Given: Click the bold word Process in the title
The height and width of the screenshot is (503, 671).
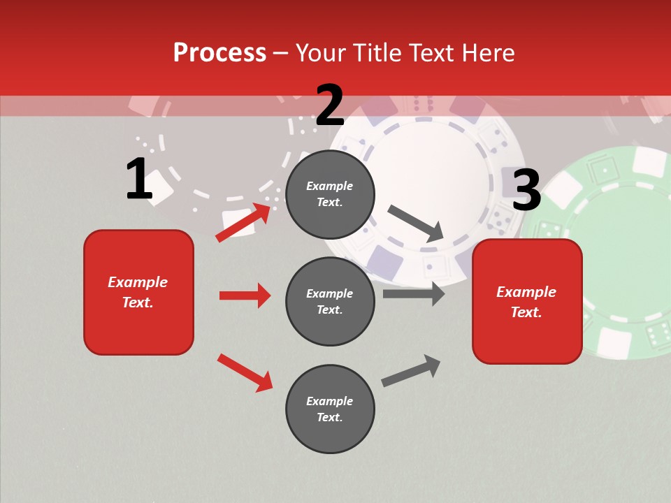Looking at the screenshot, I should tap(219, 53).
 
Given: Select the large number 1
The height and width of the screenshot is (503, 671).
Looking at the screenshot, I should tap(139, 180).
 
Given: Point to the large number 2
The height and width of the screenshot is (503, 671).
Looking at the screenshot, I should tap(330, 105).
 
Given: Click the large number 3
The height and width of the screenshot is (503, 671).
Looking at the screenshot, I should tap(526, 191).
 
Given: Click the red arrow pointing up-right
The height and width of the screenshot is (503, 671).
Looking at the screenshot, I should tap(243, 222).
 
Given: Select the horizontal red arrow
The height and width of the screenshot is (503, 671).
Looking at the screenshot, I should tap(245, 296).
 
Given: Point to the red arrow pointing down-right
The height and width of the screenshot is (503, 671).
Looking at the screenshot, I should tap(245, 372).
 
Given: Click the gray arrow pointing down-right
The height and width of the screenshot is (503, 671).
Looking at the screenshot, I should tap(416, 224).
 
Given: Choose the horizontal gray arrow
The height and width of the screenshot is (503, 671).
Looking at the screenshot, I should tap(414, 294).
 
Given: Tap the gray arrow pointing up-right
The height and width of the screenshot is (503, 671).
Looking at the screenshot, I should tap(411, 370).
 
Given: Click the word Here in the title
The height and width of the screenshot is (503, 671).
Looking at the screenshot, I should tap(489, 53).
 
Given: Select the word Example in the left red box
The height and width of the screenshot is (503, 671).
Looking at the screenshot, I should tap(138, 282).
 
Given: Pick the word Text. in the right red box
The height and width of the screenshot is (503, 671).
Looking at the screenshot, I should tap(526, 312).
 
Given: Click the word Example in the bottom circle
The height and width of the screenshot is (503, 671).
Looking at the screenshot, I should tap(330, 401).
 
